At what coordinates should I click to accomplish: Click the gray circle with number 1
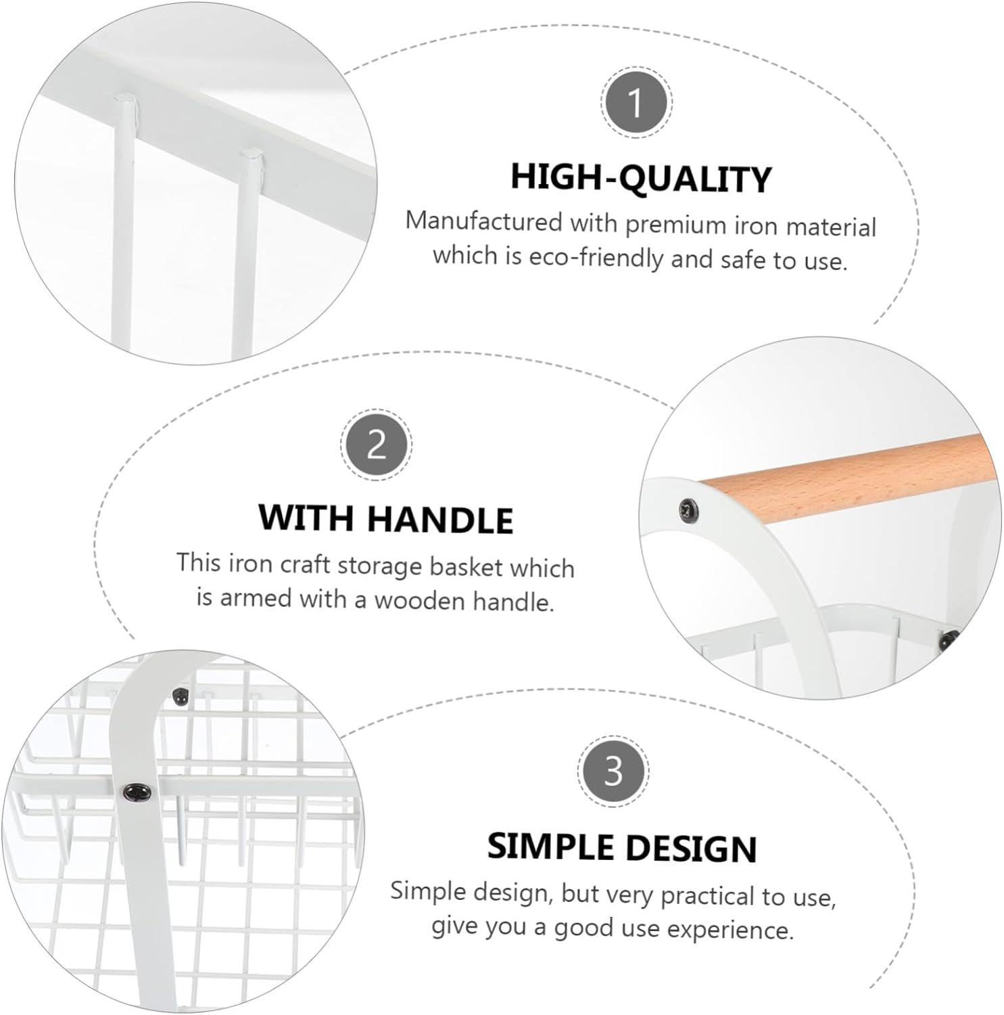(635, 103)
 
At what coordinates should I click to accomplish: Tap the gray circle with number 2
(376, 445)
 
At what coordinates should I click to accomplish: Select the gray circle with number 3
(613, 771)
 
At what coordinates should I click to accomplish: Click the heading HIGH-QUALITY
(640, 178)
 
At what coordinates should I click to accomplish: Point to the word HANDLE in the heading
(440, 519)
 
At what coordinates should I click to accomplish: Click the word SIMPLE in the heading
(551, 846)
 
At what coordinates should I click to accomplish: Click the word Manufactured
(484, 221)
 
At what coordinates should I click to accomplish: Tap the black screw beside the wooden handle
(688, 506)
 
